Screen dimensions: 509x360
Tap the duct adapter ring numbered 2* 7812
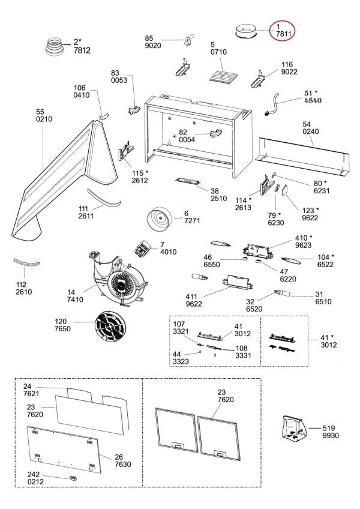coord(58,46)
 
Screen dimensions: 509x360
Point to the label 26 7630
coord(122,460)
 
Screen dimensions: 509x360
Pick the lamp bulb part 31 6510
coord(282,294)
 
